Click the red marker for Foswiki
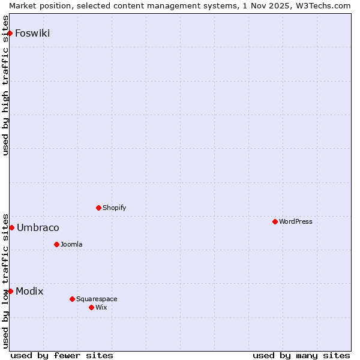pos(10,33)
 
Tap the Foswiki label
pos(32,34)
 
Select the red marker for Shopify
pos(98,208)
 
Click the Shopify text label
pos(114,208)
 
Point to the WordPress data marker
pos(275,221)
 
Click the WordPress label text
pos(295,221)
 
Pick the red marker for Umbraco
pos(11,227)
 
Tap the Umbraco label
pos(38,228)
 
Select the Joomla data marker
pos(56,244)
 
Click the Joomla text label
pos(71,244)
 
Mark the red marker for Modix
pos(10,291)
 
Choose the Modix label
pos(29,292)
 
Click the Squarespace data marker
pos(72,299)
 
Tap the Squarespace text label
pos(97,299)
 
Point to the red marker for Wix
pos(91,307)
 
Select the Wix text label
pos(101,307)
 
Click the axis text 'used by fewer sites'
pos(62,355)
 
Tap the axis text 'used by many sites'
pos(301,355)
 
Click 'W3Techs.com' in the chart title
pos(322,5)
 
